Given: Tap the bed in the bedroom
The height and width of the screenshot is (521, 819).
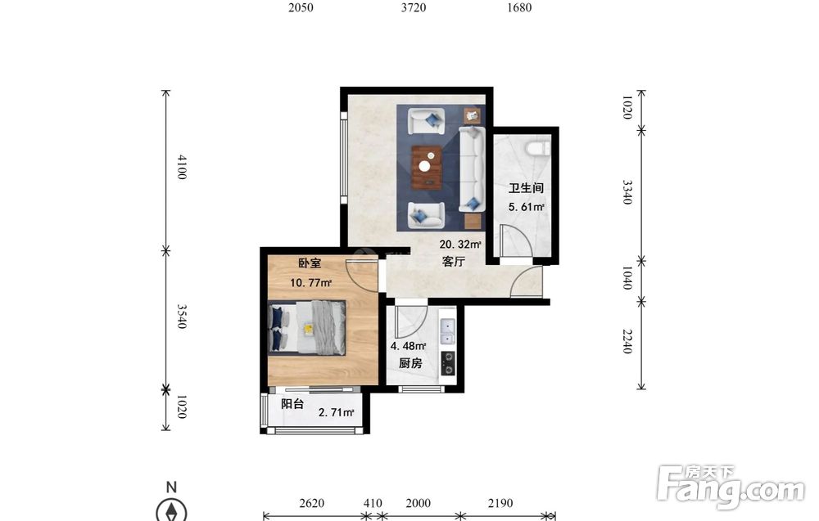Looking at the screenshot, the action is tap(307, 327).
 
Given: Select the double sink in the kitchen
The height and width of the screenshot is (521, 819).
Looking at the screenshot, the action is tap(447, 331).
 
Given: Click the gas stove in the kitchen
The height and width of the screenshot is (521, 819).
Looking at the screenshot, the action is tap(448, 363).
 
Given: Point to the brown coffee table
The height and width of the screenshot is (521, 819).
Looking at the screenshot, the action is tap(427, 168).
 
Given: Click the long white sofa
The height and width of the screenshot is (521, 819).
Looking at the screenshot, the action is tap(473, 169).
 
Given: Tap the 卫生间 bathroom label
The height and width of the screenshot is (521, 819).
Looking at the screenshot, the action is tap(526, 188).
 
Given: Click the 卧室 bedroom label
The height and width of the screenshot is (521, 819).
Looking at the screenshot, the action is tap(310, 263).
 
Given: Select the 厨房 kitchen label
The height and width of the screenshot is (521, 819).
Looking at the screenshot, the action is tap(410, 363).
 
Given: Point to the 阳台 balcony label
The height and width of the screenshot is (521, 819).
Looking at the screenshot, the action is tap(292, 404).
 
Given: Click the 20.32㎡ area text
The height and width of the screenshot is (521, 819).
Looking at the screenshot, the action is tap(460, 244).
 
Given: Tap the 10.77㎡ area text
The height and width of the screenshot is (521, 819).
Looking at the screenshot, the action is tap(311, 283).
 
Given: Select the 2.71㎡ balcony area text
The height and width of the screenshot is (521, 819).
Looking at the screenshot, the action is tap(337, 412).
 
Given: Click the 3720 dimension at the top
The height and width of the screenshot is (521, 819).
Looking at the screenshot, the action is tap(414, 7).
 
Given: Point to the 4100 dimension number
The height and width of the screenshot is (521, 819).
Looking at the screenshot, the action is tap(181, 167).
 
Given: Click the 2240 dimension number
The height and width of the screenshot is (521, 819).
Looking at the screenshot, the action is tap(627, 342).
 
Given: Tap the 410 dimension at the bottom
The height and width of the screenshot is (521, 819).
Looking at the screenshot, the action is tap(373, 503).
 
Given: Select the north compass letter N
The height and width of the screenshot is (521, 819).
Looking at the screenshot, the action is tap(171, 487).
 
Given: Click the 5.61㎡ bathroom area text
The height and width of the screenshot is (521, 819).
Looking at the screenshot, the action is tap(527, 207).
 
